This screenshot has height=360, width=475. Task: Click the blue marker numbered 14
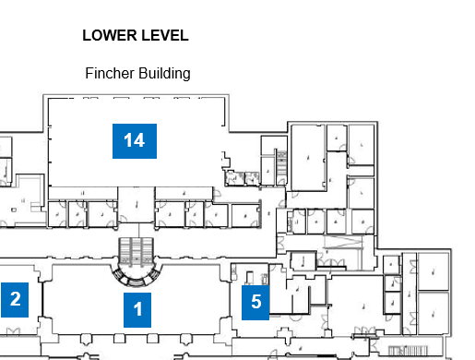(135, 141)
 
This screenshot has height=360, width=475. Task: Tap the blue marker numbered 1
(137, 310)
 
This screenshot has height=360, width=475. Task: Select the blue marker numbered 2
(15, 300)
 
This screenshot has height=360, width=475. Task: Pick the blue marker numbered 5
(255, 303)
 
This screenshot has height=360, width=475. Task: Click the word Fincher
(110, 73)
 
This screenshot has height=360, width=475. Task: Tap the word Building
(164, 74)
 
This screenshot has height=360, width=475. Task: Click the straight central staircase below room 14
(137, 250)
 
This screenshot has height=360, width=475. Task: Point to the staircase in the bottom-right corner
(408, 351)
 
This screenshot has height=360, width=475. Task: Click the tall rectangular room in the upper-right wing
(308, 158)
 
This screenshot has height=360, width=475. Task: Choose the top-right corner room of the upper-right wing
(362, 145)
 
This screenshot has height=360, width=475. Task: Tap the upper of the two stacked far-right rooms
(433, 271)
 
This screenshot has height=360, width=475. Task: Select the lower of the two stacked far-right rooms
(433, 313)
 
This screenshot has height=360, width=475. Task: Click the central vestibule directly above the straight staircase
(137, 205)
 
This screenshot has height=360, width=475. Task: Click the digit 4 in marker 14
(139, 140)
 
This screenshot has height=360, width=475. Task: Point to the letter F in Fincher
(89, 73)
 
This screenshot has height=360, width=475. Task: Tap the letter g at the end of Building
(186, 76)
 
